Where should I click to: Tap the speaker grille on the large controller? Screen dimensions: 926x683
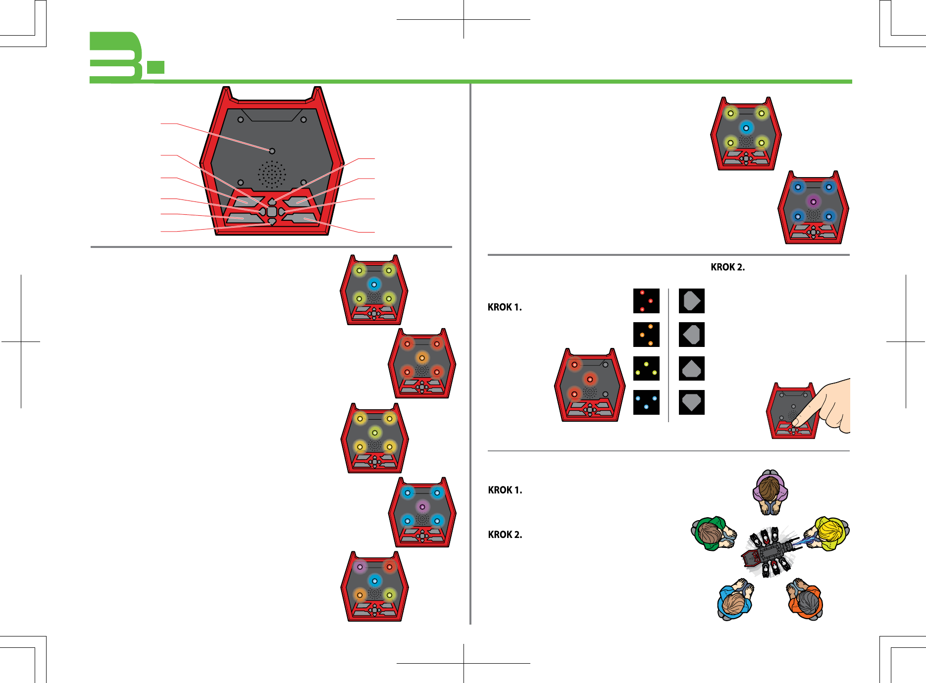271,174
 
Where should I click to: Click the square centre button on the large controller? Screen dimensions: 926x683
272,212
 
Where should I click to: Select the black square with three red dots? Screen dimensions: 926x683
646,301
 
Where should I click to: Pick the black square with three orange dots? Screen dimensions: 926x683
646,335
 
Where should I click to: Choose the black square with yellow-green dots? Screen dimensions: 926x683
646,368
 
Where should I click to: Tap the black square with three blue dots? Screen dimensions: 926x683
646,402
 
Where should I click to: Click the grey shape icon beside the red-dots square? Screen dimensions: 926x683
691,301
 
